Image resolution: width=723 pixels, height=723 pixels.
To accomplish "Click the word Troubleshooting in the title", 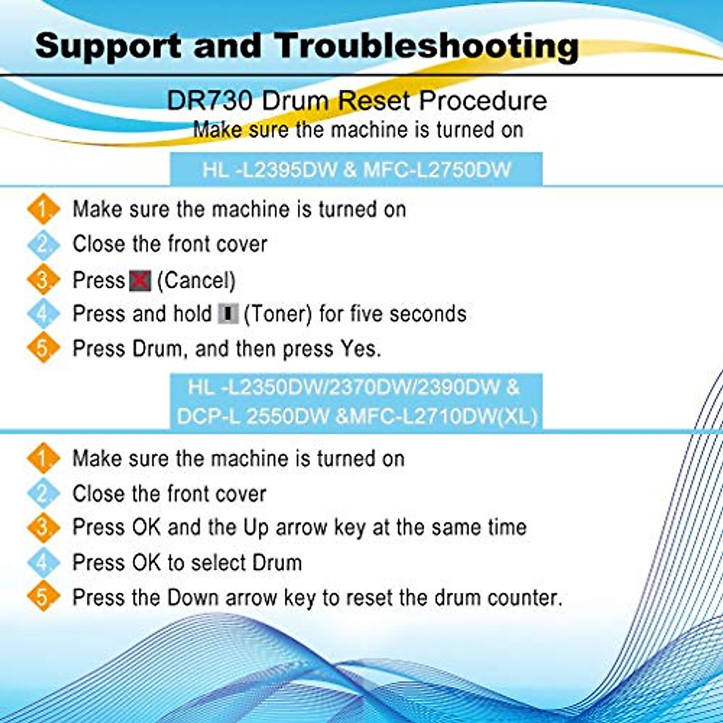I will tap(427, 46).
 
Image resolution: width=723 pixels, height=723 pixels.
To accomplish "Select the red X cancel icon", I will tap(140, 280).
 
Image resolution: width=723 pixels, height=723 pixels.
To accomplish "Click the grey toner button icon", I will tap(228, 314).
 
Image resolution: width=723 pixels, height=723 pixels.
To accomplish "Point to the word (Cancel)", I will tap(196, 280).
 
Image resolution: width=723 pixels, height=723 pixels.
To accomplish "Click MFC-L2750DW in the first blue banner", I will tap(437, 169).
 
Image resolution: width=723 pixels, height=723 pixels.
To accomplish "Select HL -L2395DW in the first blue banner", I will tap(269, 169).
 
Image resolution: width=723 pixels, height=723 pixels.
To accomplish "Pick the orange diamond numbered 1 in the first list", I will tap(43, 210).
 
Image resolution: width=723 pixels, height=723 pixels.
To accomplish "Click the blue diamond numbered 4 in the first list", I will tap(43, 314).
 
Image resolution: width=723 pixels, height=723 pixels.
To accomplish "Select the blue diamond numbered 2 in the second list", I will tap(43, 493).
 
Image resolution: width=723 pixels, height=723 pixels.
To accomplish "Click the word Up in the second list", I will tap(255, 527).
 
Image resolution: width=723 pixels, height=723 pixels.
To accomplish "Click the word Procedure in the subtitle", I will tap(483, 101).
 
